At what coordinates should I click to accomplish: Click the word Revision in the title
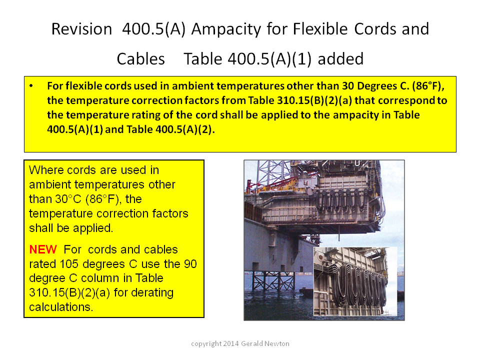pos(81,29)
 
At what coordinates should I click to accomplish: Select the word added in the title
pos(340,59)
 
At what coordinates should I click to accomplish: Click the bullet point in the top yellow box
pos(31,86)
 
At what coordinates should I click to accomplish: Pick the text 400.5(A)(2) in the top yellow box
pos(183,129)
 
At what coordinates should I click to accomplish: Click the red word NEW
pos(43,249)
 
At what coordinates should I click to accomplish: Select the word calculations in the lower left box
pos(61,307)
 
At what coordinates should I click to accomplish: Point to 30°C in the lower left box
pos(68,199)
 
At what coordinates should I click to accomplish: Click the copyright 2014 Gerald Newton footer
pos(240,344)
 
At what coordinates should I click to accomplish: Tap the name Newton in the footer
pos(276,344)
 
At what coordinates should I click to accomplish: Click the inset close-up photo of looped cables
pos(355,281)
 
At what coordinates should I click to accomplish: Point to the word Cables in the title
pos(141,59)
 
